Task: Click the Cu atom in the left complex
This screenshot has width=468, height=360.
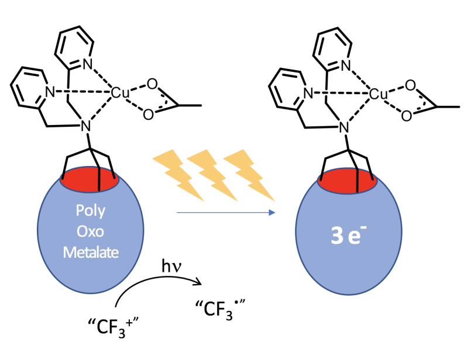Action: pos(120,93)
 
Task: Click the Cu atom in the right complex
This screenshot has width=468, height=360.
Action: pos(378,94)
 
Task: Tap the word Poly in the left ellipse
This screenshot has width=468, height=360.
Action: pos(91,211)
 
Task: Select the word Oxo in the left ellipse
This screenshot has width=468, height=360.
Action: pos(91,231)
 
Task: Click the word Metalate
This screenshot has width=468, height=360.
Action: pos(91,252)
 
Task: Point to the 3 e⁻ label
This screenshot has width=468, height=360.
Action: pos(349,235)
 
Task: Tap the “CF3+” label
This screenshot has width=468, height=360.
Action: pos(113,327)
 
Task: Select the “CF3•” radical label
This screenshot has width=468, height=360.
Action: pos(221,309)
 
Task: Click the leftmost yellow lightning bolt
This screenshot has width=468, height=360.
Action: pos(178,175)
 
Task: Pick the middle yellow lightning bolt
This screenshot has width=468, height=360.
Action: pos(212,175)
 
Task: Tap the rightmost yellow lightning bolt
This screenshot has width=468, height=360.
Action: pos(249,175)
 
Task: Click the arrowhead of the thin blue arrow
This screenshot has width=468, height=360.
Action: pos(272,212)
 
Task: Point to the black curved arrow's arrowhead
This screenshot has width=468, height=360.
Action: pos(198,281)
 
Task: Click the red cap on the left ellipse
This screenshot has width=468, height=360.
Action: pos(90,179)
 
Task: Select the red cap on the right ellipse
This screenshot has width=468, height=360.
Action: pos(348,181)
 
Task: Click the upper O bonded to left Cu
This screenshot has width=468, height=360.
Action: pos(152,84)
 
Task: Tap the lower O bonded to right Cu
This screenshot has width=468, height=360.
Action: pos(407,116)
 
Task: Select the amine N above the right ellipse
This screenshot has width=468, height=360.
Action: pos(344,127)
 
